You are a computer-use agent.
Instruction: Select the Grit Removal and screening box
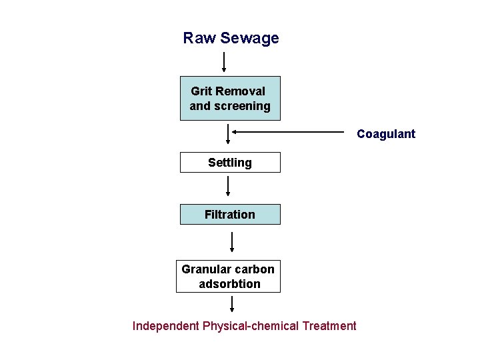(x=230, y=98)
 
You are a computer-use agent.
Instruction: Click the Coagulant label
(x=385, y=134)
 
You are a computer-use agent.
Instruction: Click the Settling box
(x=230, y=162)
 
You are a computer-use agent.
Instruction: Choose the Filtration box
(x=230, y=214)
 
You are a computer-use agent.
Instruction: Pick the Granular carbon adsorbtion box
(x=228, y=276)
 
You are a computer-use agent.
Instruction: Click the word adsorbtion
(x=229, y=284)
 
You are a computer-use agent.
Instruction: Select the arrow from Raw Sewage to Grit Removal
(x=224, y=61)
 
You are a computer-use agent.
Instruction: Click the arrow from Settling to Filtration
(x=229, y=185)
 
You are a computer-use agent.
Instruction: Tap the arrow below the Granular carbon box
(x=232, y=304)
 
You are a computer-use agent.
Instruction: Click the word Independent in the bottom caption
(x=165, y=326)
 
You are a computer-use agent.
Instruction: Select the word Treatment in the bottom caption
(x=329, y=326)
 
